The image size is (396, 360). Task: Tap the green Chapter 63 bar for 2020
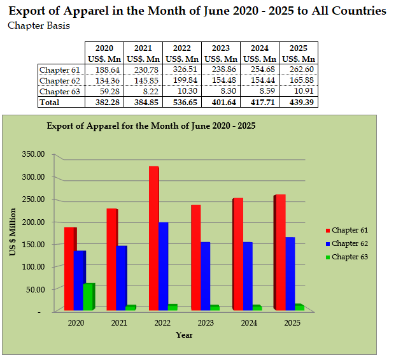tap(88, 296)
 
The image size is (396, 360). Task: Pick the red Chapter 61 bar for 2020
tap(69, 268)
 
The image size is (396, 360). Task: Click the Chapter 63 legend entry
tap(346, 257)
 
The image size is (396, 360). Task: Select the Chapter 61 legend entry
tap(346, 230)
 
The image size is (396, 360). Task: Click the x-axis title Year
tap(185, 335)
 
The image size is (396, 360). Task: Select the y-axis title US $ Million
tap(13, 233)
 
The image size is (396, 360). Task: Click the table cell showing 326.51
tap(182, 69)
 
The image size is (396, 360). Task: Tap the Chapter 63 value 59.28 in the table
tap(104, 91)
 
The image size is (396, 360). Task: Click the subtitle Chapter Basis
tap(38, 26)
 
